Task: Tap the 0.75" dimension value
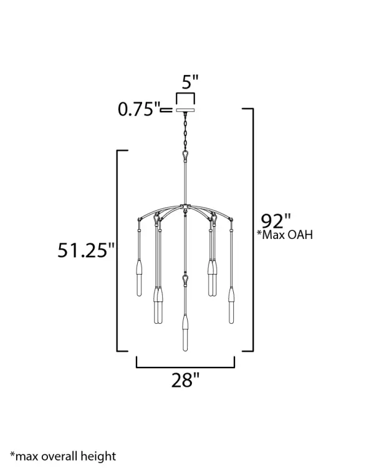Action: [138, 110]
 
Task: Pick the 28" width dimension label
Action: [185, 379]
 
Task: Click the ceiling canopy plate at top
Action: [185, 110]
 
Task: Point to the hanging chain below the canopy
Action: [185, 131]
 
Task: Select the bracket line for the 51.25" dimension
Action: [118, 250]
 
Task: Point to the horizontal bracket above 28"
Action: [185, 367]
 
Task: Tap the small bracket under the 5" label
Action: [185, 95]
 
